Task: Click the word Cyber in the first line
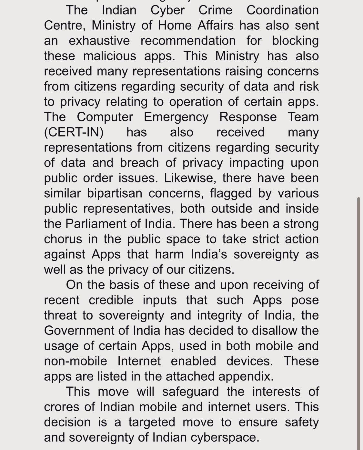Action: (x=167, y=10)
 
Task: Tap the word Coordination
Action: (x=282, y=10)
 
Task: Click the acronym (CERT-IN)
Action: (x=74, y=132)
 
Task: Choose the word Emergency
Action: (x=176, y=117)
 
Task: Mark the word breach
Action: (x=139, y=163)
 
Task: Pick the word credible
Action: (x=111, y=300)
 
